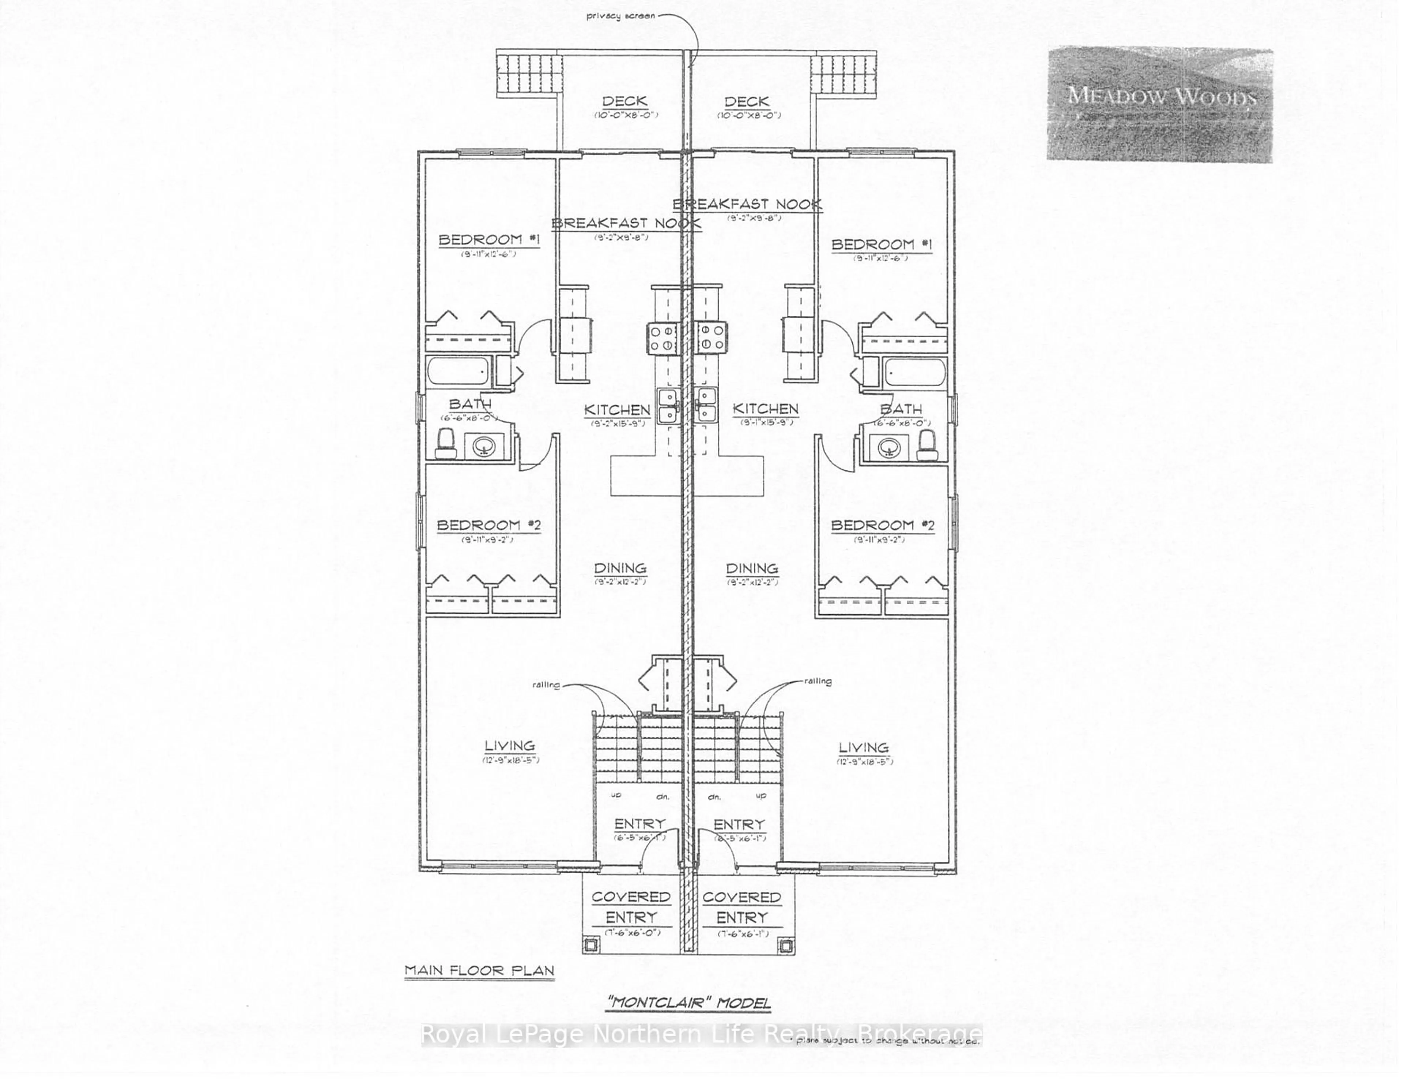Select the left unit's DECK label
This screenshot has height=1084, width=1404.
(x=624, y=102)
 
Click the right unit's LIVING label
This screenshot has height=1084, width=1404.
(x=863, y=747)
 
